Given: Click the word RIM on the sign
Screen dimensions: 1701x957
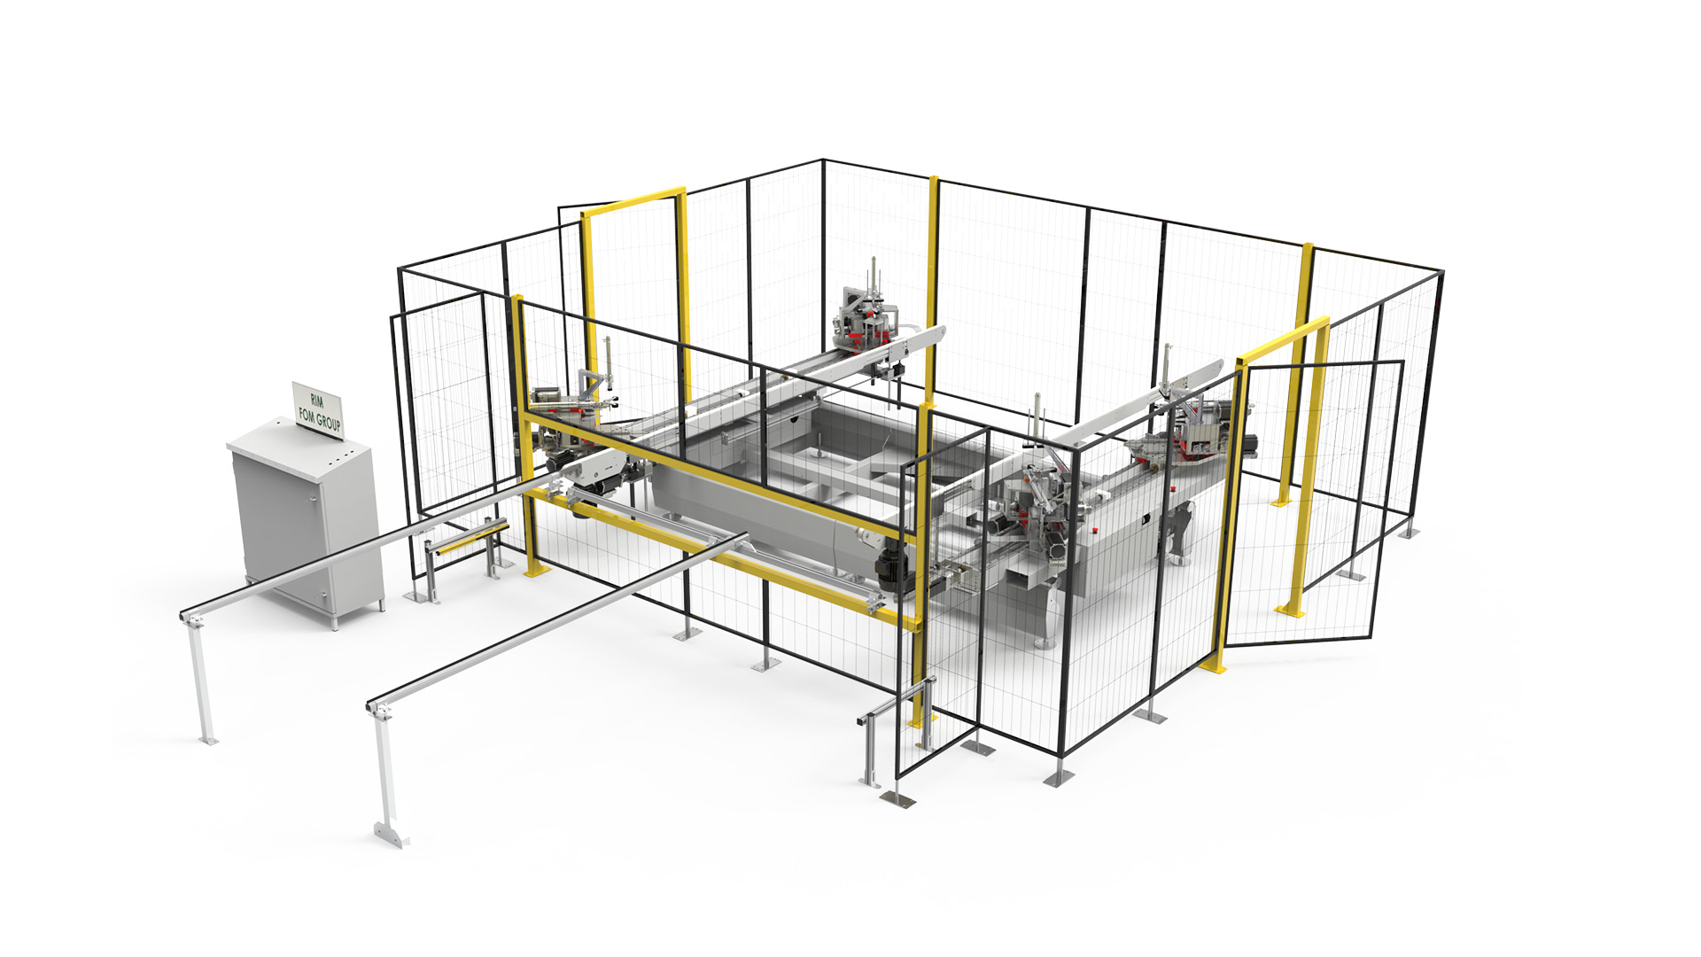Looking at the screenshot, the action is (317, 401).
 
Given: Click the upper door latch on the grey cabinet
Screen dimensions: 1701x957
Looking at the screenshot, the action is (312, 502).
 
